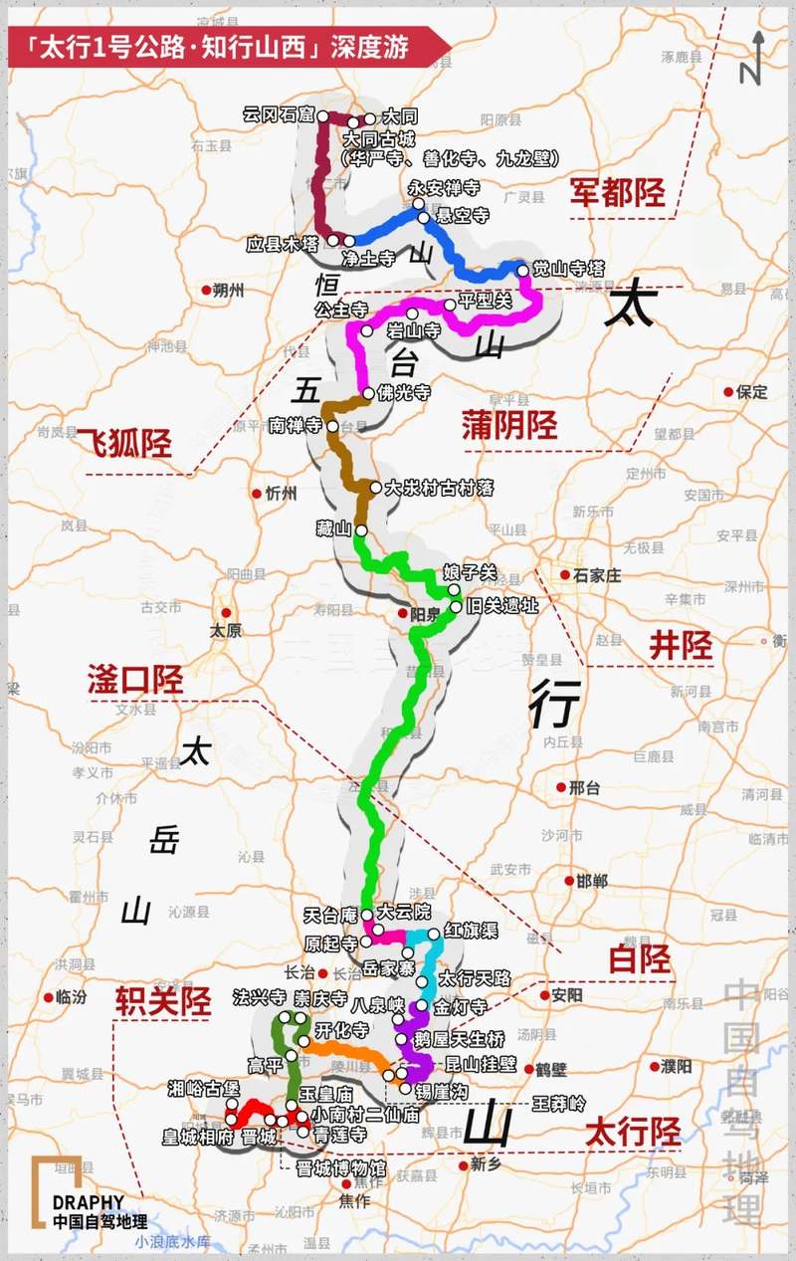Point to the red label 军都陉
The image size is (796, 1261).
(617, 192)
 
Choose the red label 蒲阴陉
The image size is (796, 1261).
(508, 426)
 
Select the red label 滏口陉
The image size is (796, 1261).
(135, 682)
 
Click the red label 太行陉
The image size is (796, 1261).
(633, 1132)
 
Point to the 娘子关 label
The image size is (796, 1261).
(489, 574)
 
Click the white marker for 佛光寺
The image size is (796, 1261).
(369, 392)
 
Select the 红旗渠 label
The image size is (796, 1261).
(472, 931)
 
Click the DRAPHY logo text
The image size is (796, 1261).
(89, 1201)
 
